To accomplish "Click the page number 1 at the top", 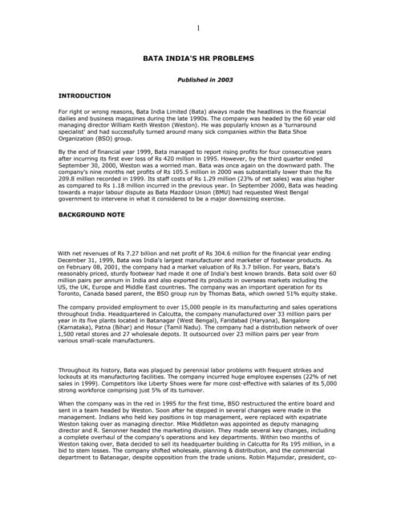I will coord(198,29).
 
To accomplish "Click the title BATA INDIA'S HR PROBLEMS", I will coord(198,59).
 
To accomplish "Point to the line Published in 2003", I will coord(198,80).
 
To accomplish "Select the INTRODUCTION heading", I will coord(84,95).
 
